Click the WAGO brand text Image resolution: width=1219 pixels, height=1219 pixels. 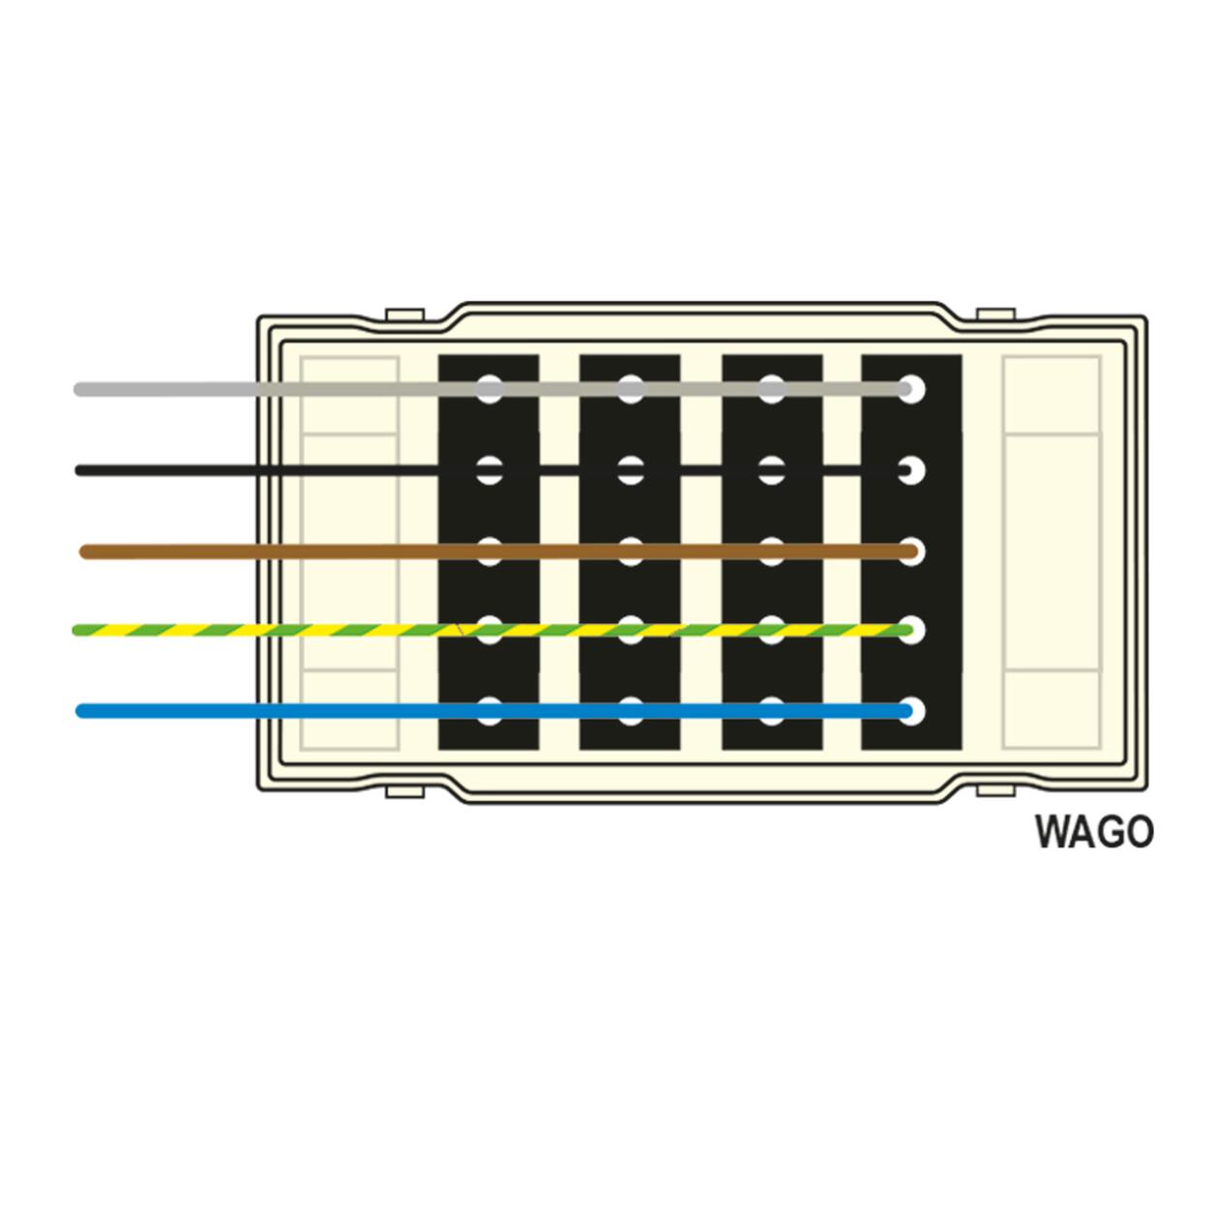point(1094,832)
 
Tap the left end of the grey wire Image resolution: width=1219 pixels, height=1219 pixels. point(78,389)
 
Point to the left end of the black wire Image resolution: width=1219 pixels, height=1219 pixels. point(78,470)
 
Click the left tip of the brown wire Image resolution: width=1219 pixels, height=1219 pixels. point(83,551)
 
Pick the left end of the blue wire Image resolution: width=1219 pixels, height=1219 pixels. point(79,710)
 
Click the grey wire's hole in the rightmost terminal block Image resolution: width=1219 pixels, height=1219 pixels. point(911,389)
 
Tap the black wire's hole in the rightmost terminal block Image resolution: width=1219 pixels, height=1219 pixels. point(911,470)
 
